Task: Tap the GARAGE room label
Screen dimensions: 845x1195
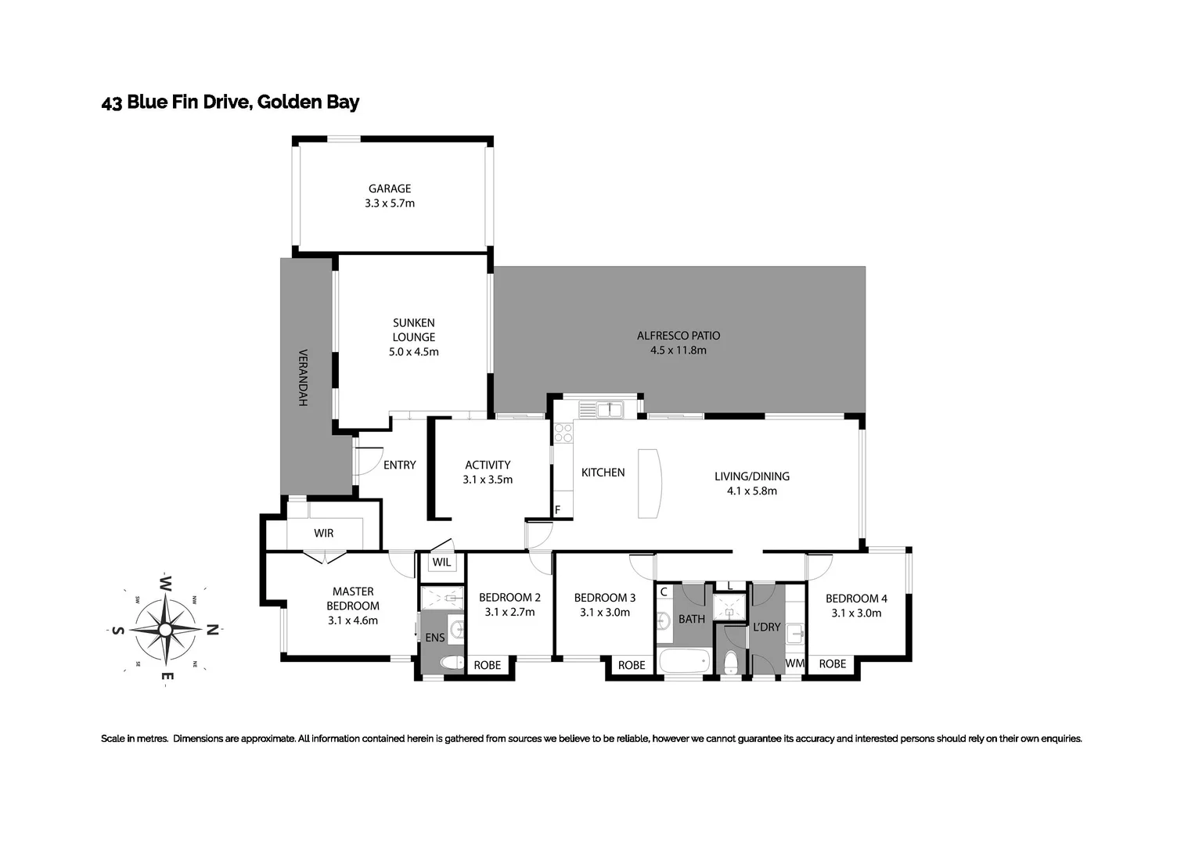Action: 390,189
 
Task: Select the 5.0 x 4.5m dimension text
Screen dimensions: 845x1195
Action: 413,352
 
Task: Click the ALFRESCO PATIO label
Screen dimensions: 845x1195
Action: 678,336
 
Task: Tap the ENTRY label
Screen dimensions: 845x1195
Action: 399,466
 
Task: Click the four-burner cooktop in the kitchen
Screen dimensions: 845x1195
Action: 563,433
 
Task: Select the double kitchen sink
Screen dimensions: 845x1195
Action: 600,408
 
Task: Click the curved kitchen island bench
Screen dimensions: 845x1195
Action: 650,483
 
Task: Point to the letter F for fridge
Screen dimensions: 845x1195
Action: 557,510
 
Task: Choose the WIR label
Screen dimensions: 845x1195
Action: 323,534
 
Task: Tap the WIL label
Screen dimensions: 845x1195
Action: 441,563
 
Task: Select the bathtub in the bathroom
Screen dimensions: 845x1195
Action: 685,661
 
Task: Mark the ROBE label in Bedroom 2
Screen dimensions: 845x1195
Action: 487,665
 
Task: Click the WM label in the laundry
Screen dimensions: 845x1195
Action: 794,663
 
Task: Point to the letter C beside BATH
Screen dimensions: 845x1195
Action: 664,592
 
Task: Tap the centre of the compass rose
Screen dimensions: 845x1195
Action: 165,629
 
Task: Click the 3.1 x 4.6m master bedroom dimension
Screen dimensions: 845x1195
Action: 353,620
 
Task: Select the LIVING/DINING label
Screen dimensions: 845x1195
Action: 751,476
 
